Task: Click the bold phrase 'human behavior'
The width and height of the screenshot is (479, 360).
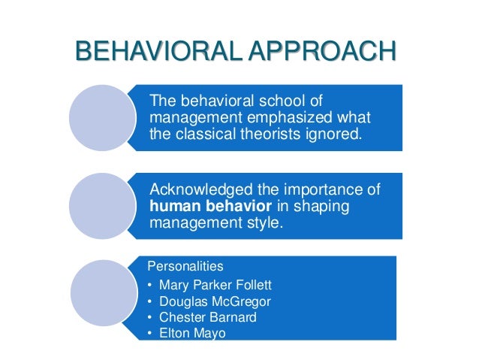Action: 204,207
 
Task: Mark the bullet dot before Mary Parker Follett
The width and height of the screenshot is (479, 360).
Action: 151,284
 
